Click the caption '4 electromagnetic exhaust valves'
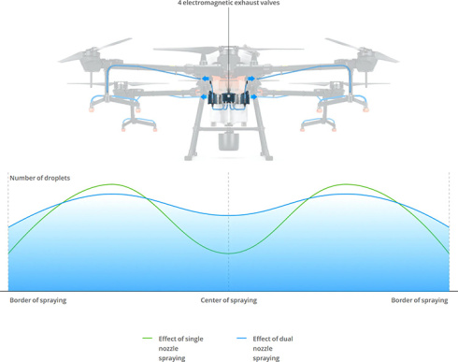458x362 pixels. [x=228, y=4]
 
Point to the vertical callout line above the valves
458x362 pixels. [x=228, y=47]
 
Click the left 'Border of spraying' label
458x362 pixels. [x=37, y=300]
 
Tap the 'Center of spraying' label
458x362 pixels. [x=228, y=300]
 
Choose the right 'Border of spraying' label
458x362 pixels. [x=419, y=300]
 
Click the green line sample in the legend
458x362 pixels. [x=148, y=338]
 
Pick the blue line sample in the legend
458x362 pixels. [x=241, y=338]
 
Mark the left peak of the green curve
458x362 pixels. [x=113, y=184]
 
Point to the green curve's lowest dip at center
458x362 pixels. [x=228, y=253]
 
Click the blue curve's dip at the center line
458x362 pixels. [x=228, y=215]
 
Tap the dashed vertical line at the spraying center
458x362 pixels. [x=228, y=271]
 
